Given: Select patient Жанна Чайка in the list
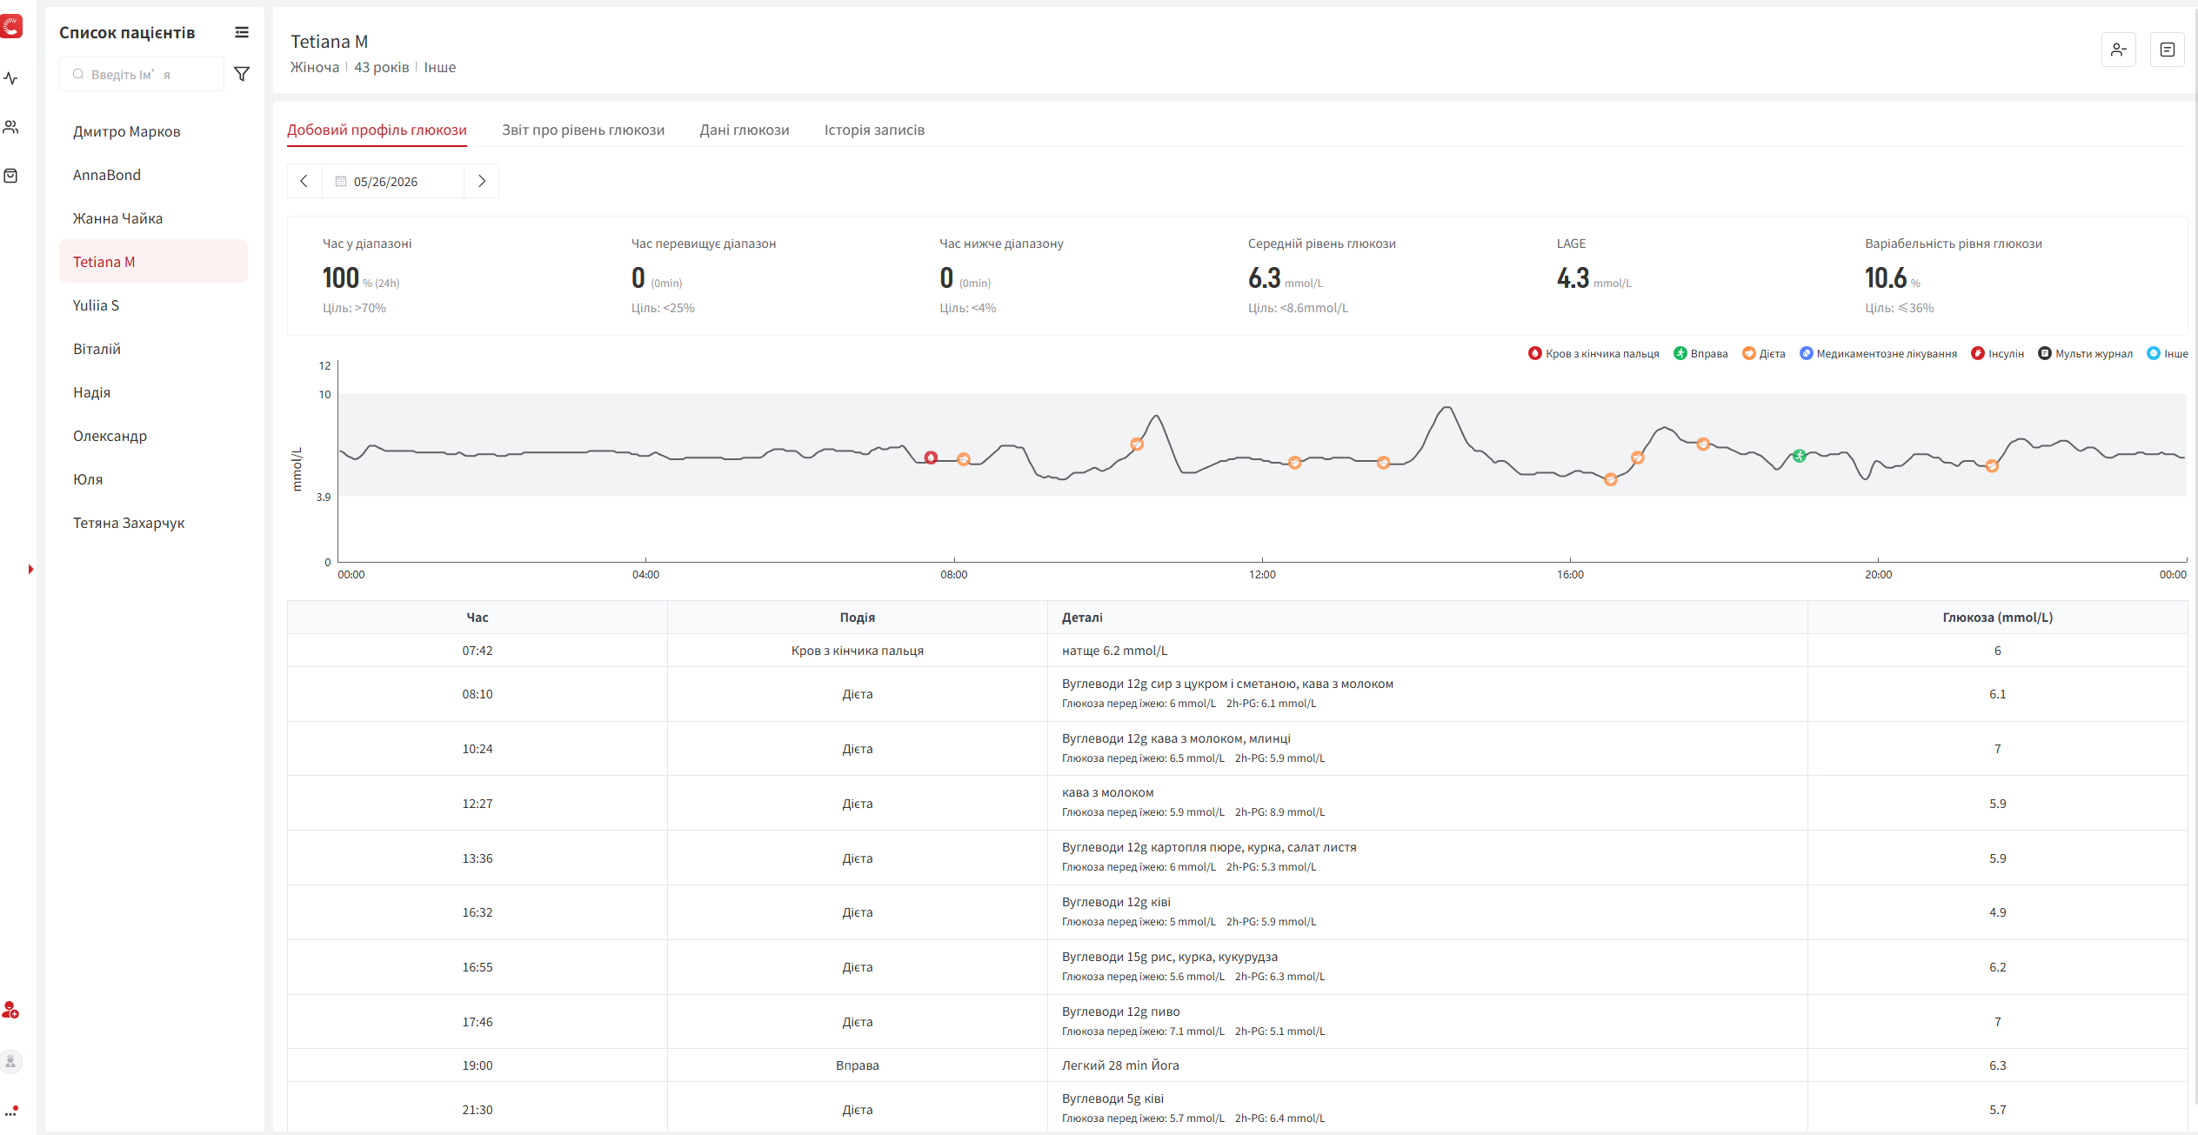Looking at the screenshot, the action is [x=117, y=218].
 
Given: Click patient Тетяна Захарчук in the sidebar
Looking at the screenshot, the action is [x=129, y=523].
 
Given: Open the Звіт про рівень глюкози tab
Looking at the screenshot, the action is [x=583, y=130].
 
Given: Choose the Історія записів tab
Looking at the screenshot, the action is [x=874, y=130].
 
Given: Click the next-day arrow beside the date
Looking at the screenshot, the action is [x=482, y=181].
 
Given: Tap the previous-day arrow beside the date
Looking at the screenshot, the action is [x=304, y=181].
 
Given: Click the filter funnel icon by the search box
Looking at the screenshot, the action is [x=243, y=74].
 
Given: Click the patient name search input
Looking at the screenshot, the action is [x=142, y=74].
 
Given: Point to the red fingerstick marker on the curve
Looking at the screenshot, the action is [x=931, y=457].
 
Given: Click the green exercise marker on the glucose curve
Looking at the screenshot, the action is [x=1800, y=456].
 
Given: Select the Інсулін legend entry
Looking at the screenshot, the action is [x=1998, y=353].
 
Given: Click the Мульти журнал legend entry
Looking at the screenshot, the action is [x=2086, y=353].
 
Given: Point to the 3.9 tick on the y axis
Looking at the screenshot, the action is [x=324, y=497].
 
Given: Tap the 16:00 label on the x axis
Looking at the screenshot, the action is [x=1570, y=574].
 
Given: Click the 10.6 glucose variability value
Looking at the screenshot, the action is [x=1885, y=278].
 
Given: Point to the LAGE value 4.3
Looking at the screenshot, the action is [x=1573, y=278].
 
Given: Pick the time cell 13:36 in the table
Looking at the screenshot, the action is [x=478, y=858].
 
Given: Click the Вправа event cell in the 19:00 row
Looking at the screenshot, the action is [x=858, y=1065].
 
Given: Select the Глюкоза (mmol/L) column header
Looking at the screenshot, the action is [x=1997, y=618].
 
